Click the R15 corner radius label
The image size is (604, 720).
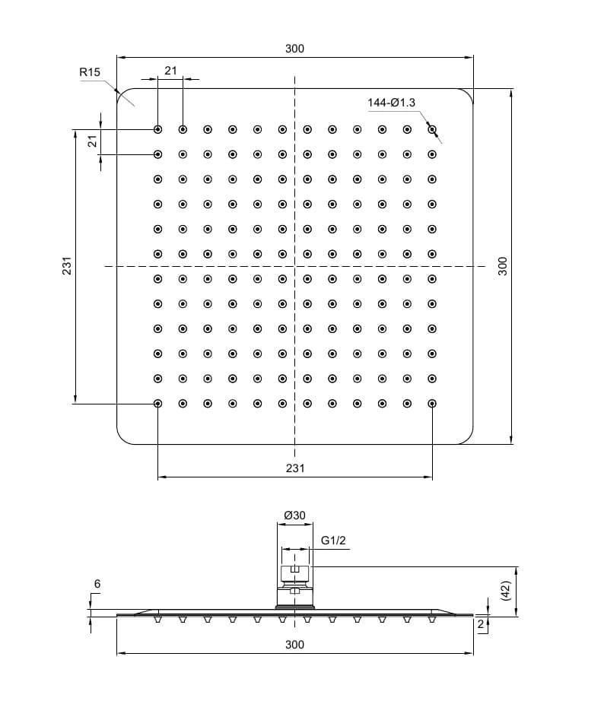90,72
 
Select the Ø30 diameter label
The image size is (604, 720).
294,515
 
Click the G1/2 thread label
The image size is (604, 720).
333,541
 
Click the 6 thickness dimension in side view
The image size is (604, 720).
97,583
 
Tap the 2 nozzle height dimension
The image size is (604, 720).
480,624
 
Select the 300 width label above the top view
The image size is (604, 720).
294,49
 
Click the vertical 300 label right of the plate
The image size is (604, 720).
502,266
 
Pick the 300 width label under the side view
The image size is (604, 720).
294,645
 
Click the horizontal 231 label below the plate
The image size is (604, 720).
295,468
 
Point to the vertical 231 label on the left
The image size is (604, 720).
67,266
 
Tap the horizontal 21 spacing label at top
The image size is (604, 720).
170,71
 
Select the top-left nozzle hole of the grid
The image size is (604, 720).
158,129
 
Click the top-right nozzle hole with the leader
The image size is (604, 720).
432,129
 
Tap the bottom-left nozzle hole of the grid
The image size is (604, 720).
158,403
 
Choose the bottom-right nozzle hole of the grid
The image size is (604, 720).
432,403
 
